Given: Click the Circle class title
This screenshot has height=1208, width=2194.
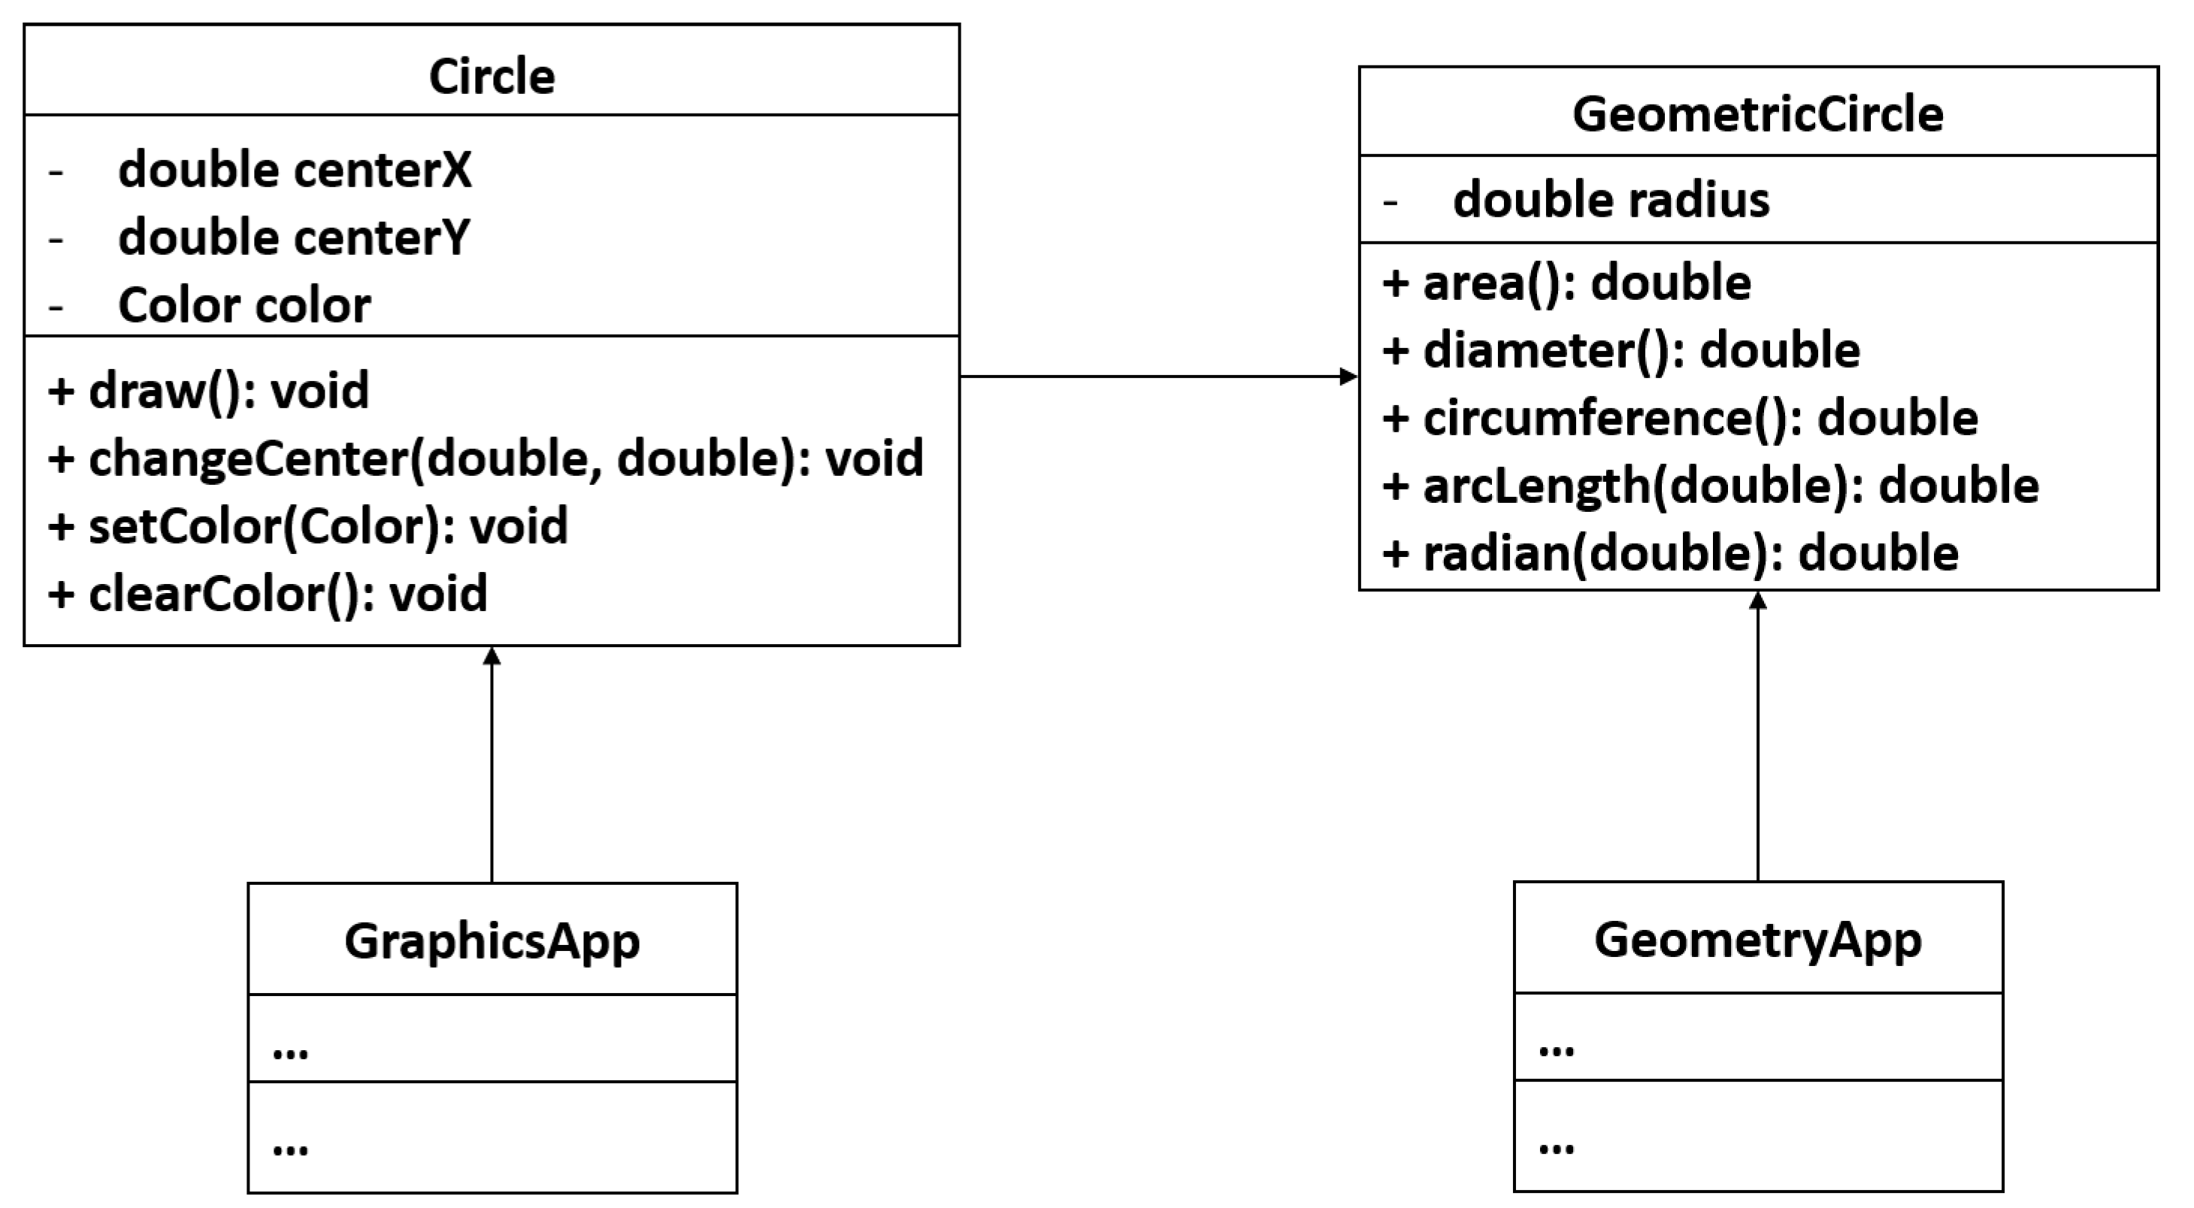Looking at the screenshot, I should tap(492, 77).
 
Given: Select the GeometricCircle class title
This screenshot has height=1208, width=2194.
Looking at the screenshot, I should tap(1757, 114).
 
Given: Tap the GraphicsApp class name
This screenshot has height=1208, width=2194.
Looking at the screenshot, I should tap(492, 941).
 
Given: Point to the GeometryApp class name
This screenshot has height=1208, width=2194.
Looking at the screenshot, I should tap(1757, 940).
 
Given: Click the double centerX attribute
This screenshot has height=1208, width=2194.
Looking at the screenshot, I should tap(294, 171).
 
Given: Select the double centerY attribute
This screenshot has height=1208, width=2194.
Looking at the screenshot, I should tap(294, 238).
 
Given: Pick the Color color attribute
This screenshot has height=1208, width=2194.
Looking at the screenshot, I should tap(244, 305).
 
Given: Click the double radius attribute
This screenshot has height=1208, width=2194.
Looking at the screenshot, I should tap(1610, 200).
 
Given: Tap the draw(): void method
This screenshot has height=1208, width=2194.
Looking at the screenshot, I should tap(209, 390).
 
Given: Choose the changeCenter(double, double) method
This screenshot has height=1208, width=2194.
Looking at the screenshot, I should tap(486, 459).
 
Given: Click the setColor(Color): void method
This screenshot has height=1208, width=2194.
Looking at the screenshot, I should tap(308, 525).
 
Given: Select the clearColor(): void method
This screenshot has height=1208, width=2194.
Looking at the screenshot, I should tap(268, 593).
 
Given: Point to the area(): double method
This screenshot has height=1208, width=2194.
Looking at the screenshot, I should tap(1567, 283).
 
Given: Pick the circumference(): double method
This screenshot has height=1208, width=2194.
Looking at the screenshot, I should tap(1680, 418).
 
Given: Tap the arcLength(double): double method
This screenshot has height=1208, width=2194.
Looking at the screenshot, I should tap(1710, 486).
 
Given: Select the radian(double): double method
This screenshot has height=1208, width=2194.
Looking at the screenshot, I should tap(1670, 553).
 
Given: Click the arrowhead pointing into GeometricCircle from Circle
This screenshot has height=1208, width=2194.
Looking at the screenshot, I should tap(1349, 376).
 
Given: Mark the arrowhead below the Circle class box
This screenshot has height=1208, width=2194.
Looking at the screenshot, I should tap(492, 657).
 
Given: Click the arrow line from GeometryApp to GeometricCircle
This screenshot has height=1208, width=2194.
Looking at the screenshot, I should tap(1757, 741).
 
